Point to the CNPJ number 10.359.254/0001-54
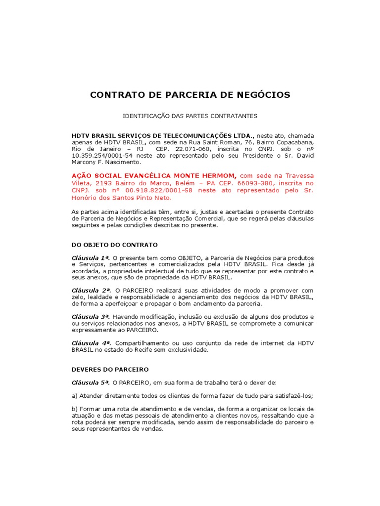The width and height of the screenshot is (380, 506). (x=102, y=156)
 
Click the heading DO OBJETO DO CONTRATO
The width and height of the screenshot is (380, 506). (x=115, y=245)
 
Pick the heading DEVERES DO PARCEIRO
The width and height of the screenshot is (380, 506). (x=110, y=370)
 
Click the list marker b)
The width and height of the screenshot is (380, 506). (x=75, y=409)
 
